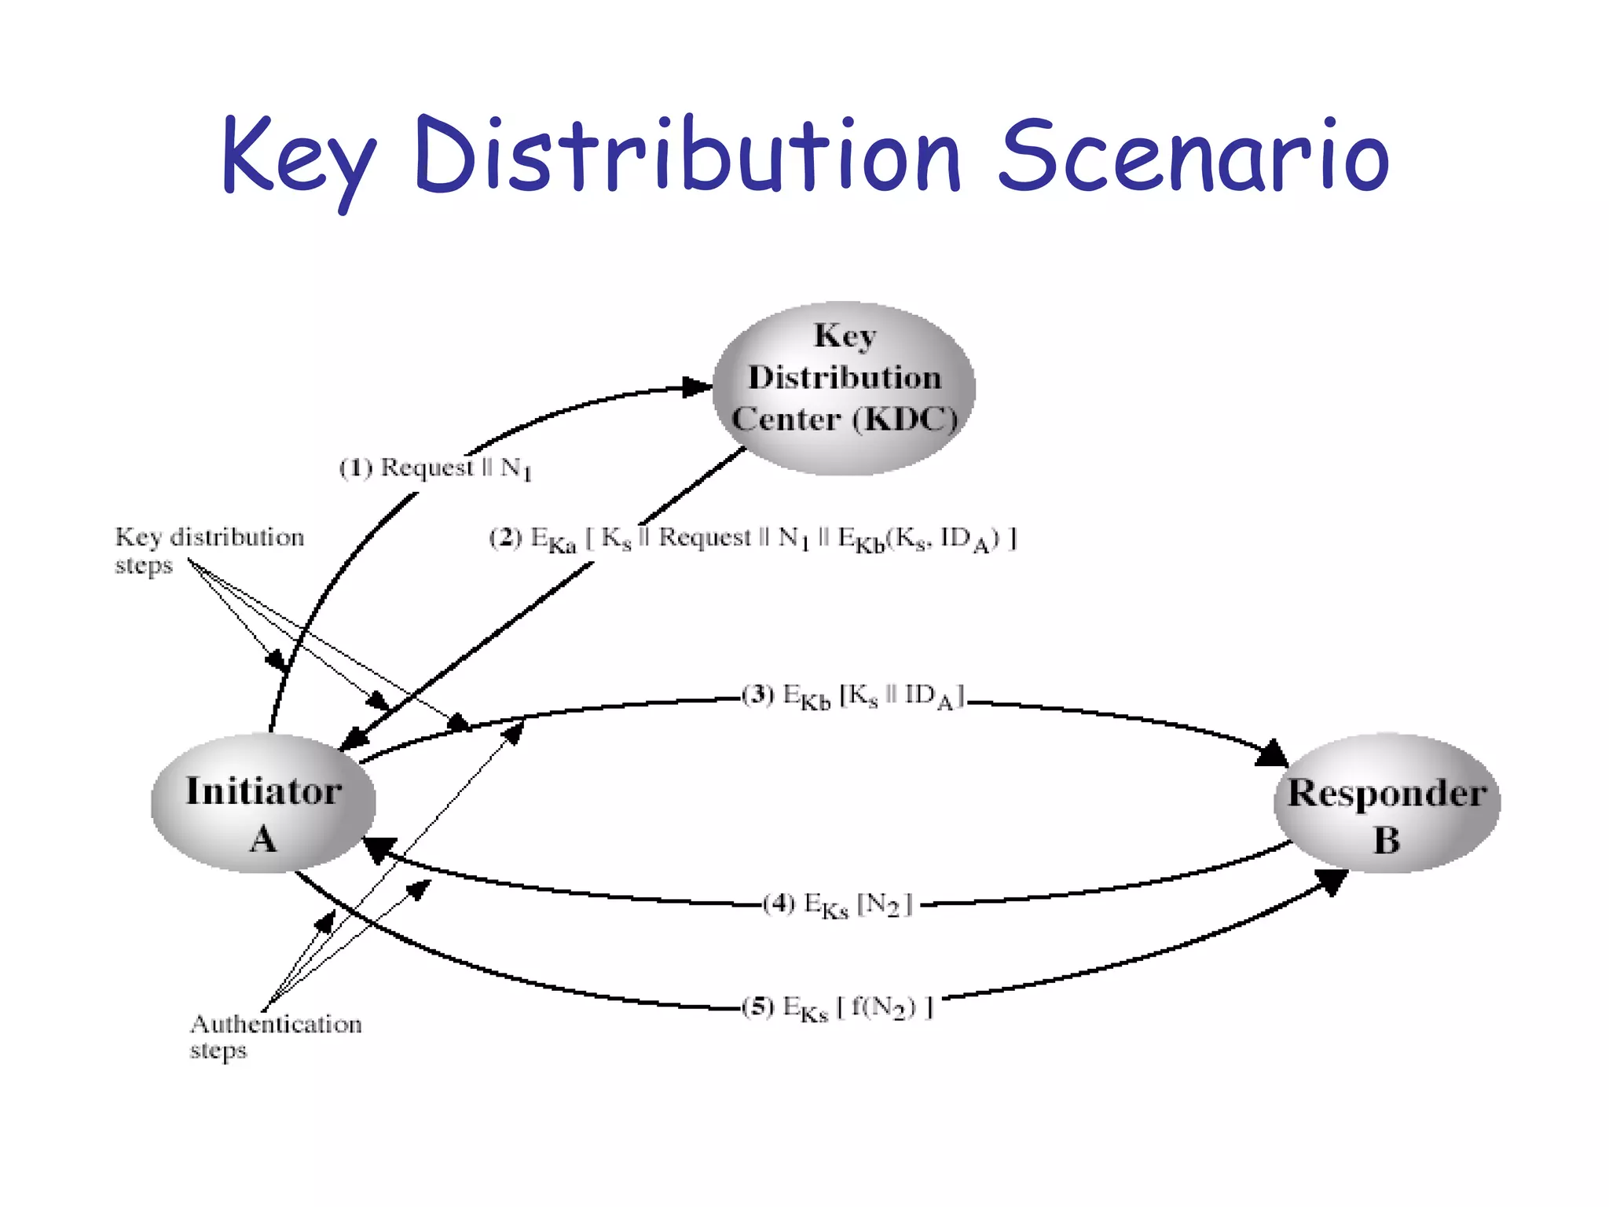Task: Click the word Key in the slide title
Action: pyautogui.click(x=299, y=157)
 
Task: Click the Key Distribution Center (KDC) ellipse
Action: pyautogui.click(x=844, y=388)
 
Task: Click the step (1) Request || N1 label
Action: pyautogui.click(x=435, y=468)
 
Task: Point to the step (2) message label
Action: pyautogui.click(x=753, y=539)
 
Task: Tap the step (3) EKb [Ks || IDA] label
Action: pyautogui.click(x=853, y=696)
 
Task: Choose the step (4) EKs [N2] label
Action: pyautogui.click(x=837, y=904)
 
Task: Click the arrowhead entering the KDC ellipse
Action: pyautogui.click(x=698, y=387)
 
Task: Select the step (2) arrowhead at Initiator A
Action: pyautogui.click(x=355, y=739)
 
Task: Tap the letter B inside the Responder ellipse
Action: pyautogui.click(x=1387, y=841)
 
